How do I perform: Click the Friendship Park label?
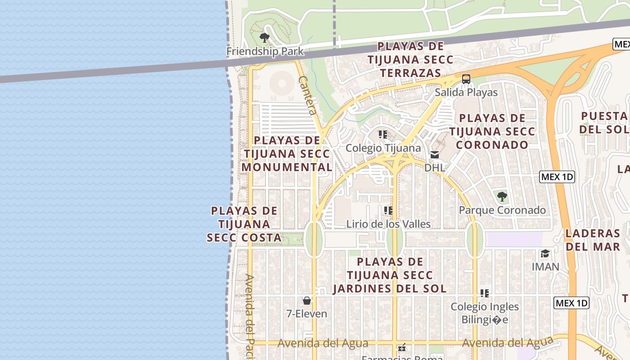coord(265,51)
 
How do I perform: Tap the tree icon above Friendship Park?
coord(265,38)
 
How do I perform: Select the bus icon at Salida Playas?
coord(466,79)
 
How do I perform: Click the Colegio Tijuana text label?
coord(383,148)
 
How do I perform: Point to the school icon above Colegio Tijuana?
coord(382,135)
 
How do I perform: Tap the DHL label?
coord(434,168)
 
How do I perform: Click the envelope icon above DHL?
coord(434,155)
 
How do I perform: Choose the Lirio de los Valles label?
coord(388,224)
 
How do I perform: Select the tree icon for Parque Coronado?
coord(502,197)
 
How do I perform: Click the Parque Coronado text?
coord(502,210)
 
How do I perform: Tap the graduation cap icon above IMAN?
coord(545,253)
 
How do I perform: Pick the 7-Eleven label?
coord(307,314)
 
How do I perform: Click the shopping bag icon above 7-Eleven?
coord(307,301)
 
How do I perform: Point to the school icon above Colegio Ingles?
coord(484,293)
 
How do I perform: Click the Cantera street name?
coord(308,95)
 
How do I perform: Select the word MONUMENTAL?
coord(287,167)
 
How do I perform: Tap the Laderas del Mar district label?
coord(593,240)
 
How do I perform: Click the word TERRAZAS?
coord(410,73)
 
